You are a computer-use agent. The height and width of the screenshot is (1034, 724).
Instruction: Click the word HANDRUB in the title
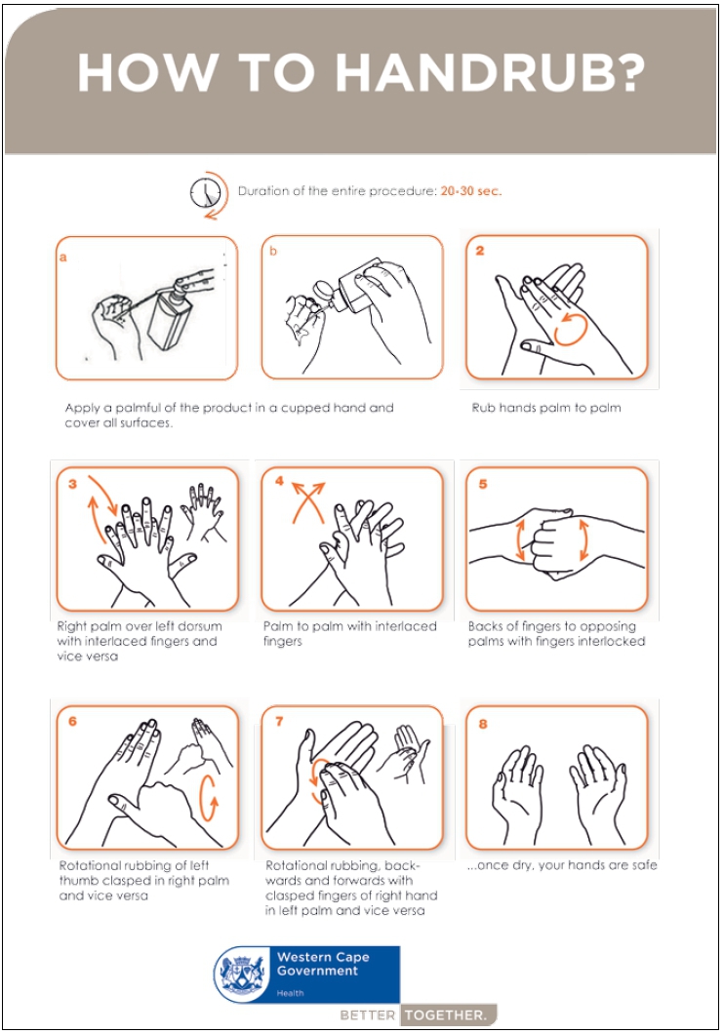click(x=490, y=72)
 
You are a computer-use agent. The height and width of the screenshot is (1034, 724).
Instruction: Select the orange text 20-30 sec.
click(x=471, y=191)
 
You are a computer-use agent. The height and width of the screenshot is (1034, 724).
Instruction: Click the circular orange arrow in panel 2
click(x=570, y=329)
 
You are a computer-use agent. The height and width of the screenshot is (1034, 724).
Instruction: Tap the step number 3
click(x=72, y=484)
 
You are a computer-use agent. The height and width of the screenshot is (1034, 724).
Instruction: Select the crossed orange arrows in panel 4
click(x=308, y=501)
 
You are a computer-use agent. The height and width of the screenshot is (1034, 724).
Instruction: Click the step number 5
click(x=483, y=484)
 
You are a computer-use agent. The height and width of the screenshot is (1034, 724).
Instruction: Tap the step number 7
click(x=279, y=722)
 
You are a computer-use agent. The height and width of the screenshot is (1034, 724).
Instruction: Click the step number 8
click(x=483, y=724)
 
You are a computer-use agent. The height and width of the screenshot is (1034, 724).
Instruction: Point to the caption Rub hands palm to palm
click(x=546, y=408)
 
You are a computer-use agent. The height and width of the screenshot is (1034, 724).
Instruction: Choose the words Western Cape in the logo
click(x=323, y=957)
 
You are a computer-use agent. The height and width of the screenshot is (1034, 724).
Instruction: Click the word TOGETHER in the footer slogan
click(x=446, y=1015)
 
